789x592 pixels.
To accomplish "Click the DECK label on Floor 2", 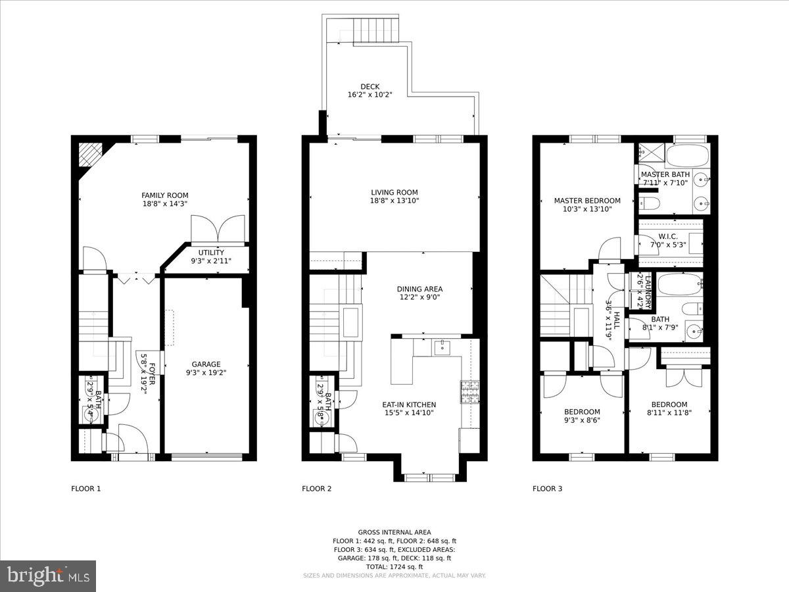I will point(370,87).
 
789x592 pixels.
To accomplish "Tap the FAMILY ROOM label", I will point(165,195).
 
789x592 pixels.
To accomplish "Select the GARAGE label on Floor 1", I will point(206,364).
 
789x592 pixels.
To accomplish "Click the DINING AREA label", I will point(419,289).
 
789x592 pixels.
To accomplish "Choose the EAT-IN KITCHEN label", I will point(409,405).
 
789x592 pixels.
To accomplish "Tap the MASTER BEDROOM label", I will point(587,201).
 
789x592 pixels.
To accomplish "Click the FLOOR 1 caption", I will point(86,489).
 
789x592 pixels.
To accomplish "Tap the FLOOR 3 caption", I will point(547,489).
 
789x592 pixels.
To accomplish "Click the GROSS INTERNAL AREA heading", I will point(394,532).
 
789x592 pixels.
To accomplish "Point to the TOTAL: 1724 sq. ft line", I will point(394,566).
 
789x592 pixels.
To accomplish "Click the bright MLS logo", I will point(47,576).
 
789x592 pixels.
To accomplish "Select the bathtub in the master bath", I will point(687,157).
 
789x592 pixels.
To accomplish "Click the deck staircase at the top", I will point(372,30).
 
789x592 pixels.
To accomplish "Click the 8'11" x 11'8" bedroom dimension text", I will point(669,413).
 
